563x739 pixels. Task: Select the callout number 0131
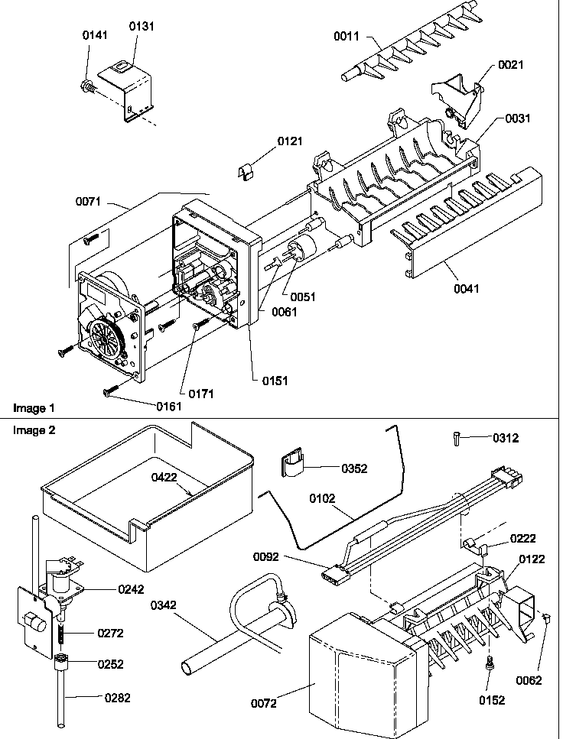(141, 25)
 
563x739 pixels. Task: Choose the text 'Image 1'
(34, 407)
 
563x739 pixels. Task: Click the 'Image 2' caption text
(34, 430)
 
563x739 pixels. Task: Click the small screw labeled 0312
(457, 438)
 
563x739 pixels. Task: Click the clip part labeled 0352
(291, 465)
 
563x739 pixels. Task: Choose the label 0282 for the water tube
(112, 696)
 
